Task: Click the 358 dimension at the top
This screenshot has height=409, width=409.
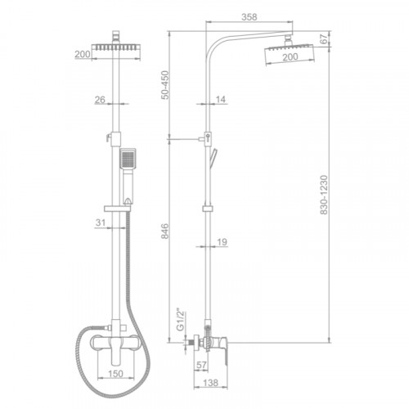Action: (x=249, y=17)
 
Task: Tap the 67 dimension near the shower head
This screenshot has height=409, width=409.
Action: (x=324, y=39)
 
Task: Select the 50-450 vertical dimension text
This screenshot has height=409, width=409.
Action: (x=165, y=85)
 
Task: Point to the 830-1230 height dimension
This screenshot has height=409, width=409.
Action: (x=324, y=195)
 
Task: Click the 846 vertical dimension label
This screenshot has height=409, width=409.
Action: (x=164, y=231)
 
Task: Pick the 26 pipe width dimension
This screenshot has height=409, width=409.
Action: (x=100, y=100)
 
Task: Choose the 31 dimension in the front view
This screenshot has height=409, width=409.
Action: (x=101, y=222)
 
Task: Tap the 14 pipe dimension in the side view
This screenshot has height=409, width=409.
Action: (x=221, y=100)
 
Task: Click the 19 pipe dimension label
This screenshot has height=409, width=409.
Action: (x=222, y=242)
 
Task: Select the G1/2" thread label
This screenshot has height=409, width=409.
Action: (x=181, y=320)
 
